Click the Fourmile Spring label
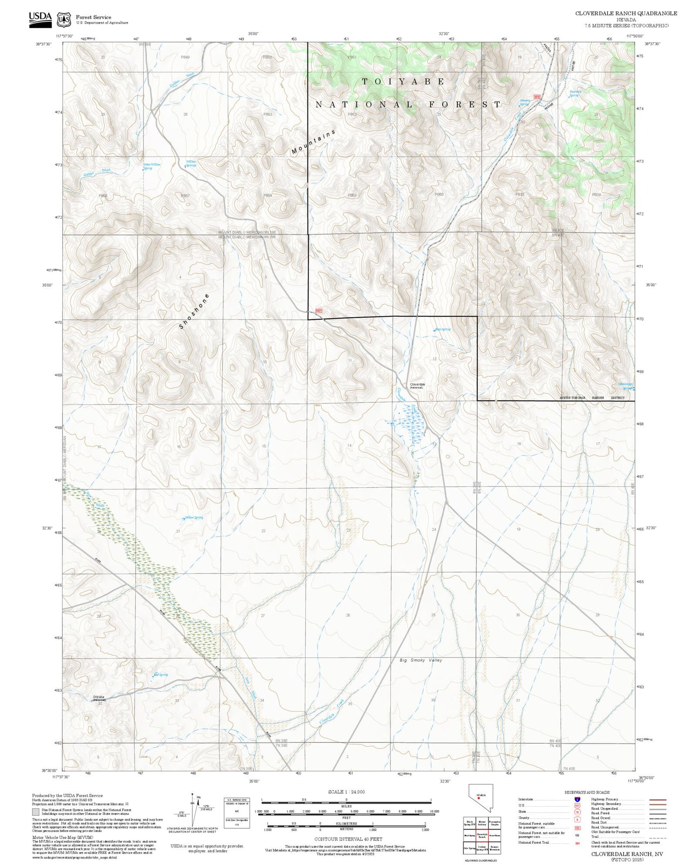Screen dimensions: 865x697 pos(575,93)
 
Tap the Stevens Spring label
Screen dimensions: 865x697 pos(525,102)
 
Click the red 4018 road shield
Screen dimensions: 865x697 pos(538,97)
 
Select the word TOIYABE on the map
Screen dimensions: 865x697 pos(403,81)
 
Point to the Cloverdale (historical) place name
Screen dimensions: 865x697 pos(417,386)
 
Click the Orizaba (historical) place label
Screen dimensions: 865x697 pos(99,698)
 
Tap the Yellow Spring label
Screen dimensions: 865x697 pos(194,518)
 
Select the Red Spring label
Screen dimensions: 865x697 pos(161,675)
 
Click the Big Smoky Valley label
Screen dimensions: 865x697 pos(421,660)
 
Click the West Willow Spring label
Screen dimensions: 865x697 pos(151,166)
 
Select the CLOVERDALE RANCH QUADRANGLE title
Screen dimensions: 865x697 pos(626,13)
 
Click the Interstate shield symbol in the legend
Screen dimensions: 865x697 pos(577,799)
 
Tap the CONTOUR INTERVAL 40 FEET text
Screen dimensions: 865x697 pos(348,839)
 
